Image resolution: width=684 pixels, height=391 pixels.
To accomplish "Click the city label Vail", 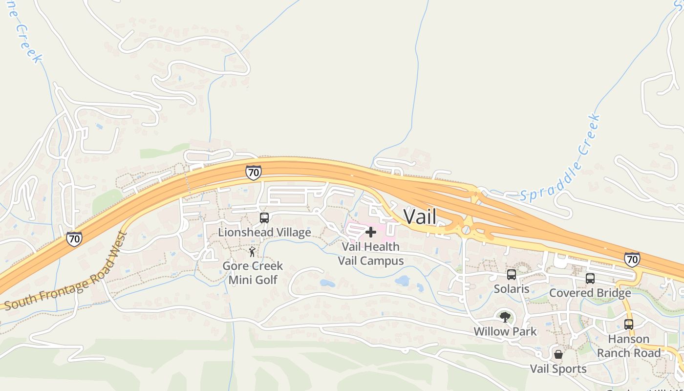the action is (420, 217).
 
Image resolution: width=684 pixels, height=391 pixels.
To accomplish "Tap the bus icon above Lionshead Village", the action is (264, 218).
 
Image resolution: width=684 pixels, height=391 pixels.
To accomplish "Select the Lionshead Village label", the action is (264, 232).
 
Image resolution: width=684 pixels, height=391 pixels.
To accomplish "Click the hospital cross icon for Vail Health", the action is (371, 232).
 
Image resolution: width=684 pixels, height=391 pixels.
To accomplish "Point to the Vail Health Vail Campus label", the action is (371, 254).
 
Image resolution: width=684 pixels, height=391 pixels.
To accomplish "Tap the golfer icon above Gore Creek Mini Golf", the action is (252, 252).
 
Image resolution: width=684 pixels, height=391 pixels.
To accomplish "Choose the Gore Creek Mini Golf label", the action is (253, 273).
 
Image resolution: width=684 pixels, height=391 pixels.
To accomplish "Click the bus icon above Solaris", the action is (512, 275).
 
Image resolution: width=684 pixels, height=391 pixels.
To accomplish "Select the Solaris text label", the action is (512, 289).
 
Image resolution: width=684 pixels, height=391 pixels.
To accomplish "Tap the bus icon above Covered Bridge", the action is (590, 279).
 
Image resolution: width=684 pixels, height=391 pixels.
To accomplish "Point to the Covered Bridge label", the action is (590, 293).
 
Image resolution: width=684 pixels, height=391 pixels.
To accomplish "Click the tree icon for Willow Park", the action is (505, 317).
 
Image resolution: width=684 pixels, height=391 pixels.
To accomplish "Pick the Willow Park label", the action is (505, 331).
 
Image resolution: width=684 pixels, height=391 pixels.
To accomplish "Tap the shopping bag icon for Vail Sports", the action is (558, 354).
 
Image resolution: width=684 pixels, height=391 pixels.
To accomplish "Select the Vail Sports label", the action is (558, 369).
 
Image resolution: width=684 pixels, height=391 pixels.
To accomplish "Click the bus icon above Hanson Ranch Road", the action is (629, 324).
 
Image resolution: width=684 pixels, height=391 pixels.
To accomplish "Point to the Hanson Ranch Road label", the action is (629, 346).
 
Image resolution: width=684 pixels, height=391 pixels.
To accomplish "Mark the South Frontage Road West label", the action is (66, 272).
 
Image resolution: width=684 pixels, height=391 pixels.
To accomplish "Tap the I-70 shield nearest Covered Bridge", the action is (632, 259).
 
